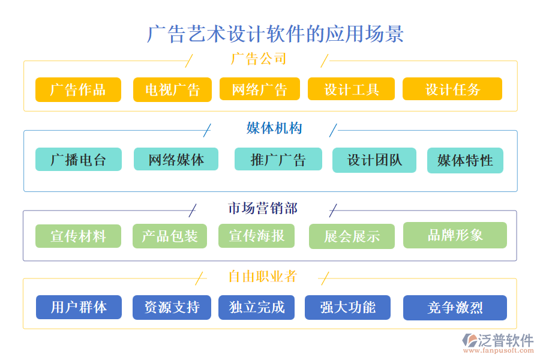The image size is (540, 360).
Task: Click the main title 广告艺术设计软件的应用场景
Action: click(x=275, y=34)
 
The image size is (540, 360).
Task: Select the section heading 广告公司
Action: click(x=259, y=59)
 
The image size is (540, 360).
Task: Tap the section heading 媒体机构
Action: click(x=274, y=128)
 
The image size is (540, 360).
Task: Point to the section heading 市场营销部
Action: click(x=262, y=208)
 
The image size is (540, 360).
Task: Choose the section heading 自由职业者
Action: click(x=262, y=277)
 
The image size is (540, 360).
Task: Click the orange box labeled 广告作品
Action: click(x=78, y=90)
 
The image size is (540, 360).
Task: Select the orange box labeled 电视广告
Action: click(x=172, y=90)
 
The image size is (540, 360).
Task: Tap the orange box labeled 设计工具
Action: click(x=351, y=89)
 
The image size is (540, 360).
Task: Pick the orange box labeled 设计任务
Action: click(x=452, y=89)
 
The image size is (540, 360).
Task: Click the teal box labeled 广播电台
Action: click(x=78, y=160)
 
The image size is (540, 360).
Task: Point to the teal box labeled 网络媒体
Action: click(x=176, y=160)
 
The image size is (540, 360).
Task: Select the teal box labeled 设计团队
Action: click(x=374, y=160)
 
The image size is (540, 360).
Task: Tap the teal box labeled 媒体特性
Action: click(x=465, y=161)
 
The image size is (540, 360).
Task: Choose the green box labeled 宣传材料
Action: click(x=78, y=236)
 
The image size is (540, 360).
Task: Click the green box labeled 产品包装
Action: click(x=169, y=236)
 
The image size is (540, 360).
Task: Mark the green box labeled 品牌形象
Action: click(x=455, y=235)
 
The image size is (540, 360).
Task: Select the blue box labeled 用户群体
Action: click(x=79, y=307)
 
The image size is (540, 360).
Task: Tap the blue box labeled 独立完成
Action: click(x=257, y=307)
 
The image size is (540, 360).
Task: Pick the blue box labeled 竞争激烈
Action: click(x=455, y=308)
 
